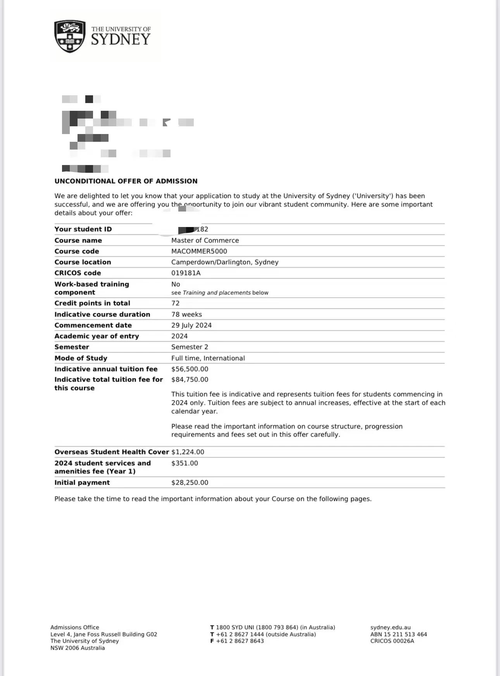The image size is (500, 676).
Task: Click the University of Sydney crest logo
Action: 70,36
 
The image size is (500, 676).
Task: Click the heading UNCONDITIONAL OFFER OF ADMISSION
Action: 126,181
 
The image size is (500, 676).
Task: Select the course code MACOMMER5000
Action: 199,251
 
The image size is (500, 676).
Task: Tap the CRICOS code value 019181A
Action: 186,273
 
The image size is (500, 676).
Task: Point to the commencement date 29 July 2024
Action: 191,325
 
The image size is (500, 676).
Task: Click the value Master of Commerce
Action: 205,240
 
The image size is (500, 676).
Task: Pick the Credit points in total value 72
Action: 176,303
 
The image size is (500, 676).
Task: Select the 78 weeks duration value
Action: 186,314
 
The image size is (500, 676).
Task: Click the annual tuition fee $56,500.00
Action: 190,369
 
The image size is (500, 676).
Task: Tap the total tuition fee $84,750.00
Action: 190,379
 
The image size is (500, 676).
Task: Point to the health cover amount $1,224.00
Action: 188,452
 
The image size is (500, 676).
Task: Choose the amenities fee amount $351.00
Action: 184,463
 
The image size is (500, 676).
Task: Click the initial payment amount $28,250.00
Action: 190,482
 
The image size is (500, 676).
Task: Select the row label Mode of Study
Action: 81,358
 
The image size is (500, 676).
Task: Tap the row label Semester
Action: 72,347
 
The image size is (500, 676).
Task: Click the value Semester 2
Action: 190,347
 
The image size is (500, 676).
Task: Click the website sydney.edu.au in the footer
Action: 390,627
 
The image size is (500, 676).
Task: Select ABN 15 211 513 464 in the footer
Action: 398,634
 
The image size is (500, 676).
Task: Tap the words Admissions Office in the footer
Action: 75,627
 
